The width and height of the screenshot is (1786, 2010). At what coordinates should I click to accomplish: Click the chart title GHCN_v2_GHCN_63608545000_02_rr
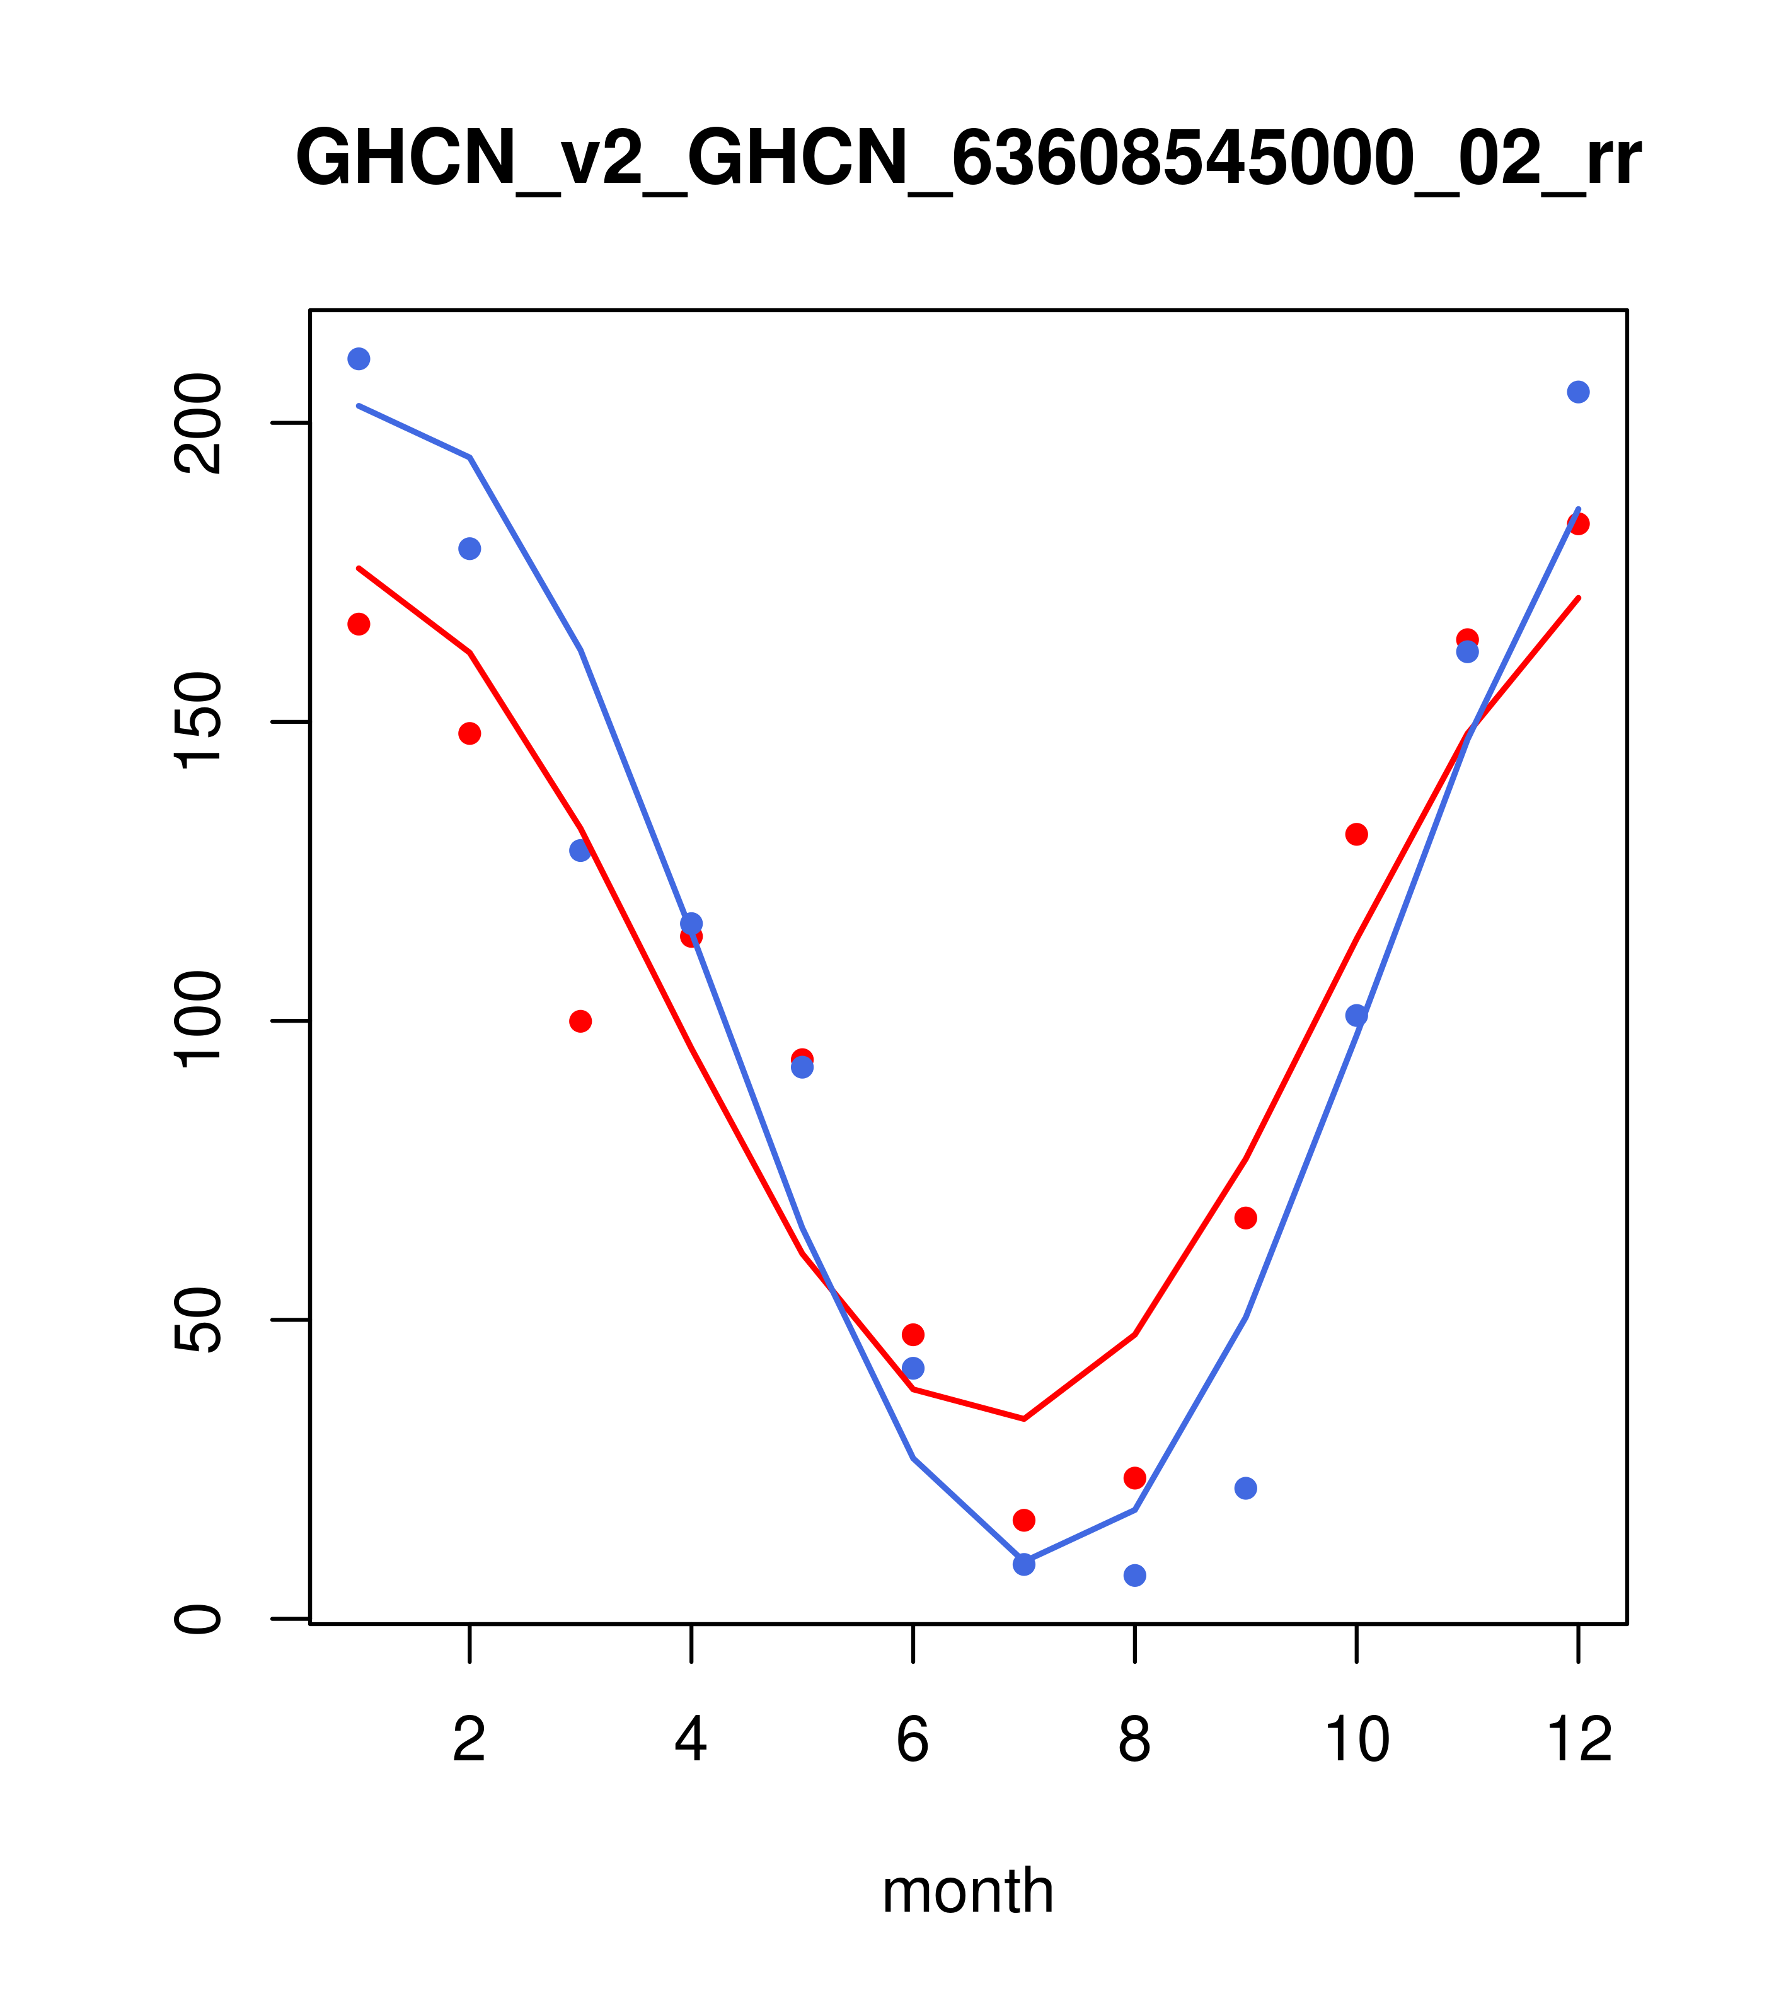(967, 160)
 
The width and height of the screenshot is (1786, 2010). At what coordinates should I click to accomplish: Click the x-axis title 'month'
(967, 1891)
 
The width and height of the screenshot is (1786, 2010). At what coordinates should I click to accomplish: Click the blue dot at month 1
(359, 359)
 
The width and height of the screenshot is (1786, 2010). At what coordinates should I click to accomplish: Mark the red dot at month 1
(359, 624)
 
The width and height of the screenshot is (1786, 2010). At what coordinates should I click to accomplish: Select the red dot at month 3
(581, 1021)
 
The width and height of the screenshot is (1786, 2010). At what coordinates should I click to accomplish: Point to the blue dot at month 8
(1134, 1576)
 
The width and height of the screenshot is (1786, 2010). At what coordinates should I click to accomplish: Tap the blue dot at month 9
(1245, 1488)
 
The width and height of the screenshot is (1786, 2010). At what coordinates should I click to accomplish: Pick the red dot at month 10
(1356, 834)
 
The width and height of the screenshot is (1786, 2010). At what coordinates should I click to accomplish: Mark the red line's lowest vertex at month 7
(1023, 1418)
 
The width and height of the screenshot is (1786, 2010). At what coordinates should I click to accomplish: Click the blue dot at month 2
(470, 549)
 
